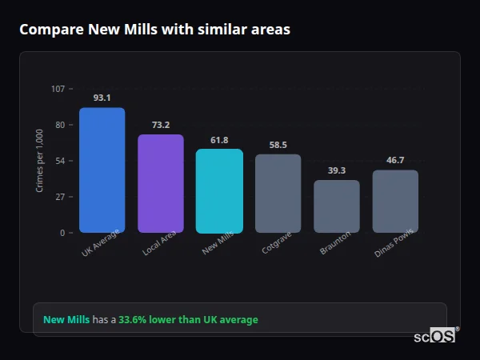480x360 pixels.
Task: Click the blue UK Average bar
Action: [102, 170]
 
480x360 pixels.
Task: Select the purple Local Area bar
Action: [161, 183]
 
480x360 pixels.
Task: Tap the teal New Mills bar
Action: [219, 190]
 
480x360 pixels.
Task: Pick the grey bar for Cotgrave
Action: [278, 193]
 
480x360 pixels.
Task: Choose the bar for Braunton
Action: [336, 206]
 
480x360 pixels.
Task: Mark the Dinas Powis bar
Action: [395, 201]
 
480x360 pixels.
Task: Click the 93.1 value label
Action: [102, 98]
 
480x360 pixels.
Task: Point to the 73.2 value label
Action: [161, 125]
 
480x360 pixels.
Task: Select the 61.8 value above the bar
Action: [219, 140]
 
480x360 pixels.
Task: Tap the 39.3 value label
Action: [336, 170]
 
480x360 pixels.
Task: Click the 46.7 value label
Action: [395, 160]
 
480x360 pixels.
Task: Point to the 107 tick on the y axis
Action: [58, 89]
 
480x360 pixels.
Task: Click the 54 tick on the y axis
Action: [60, 161]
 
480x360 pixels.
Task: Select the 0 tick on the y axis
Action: [62, 233]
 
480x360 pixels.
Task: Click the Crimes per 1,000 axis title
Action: [40, 160]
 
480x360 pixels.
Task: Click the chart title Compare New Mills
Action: [154, 30]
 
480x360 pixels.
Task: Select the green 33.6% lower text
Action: [188, 320]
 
